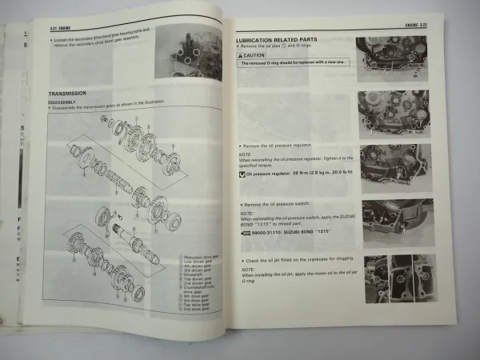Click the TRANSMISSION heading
coord(68,94)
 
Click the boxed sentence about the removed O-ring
coord(292,62)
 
